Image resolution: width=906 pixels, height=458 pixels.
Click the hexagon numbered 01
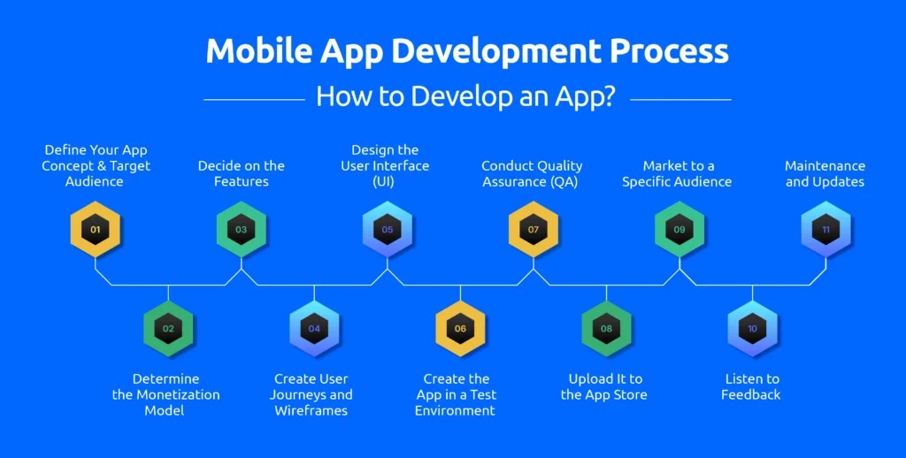(x=96, y=230)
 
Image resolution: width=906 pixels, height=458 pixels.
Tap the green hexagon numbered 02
(x=168, y=329)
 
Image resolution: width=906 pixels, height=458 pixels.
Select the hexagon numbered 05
(x=388, y=230)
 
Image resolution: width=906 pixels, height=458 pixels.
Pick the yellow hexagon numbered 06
(x=460, y=329)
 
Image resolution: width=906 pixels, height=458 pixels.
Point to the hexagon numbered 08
(x=606, y=329)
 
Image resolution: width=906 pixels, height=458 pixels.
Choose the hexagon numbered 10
(x=752, y=329)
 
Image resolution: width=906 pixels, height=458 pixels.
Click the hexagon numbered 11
(x=825, y=230)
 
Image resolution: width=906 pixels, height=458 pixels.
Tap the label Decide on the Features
(x=242, y=173)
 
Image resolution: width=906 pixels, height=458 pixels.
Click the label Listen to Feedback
(x=751, y=386)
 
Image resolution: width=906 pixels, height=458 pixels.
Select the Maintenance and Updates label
(x=825, y=173)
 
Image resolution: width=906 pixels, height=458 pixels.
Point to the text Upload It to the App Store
(x=605, y=386)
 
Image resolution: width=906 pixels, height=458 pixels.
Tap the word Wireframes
(x=311, y=410)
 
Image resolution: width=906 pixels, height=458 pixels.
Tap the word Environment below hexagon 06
(x=455, y=410)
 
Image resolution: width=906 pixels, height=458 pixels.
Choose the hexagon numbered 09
(x=679, y=230)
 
